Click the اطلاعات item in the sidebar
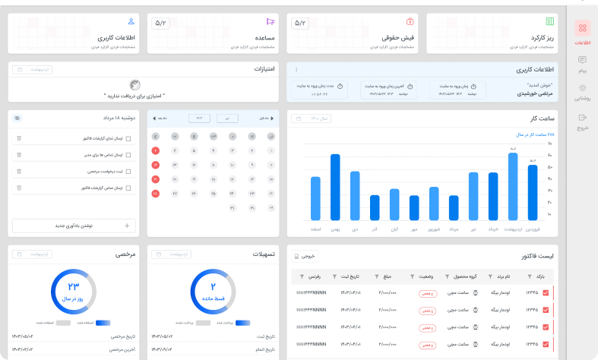pos(582,33)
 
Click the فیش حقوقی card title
pos(397,37)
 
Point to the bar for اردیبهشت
pos(513,186)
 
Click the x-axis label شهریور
pos(434,229)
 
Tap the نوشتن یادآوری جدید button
pos(74,225)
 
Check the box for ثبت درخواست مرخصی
pos(128,171)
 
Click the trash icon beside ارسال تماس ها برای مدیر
pos(19,155)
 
